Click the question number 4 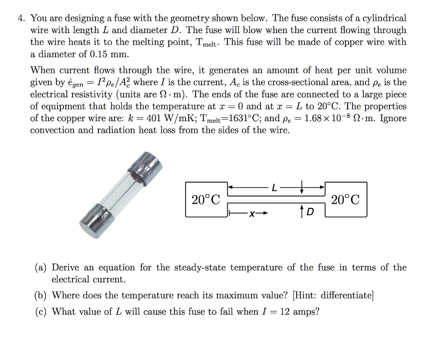[x=20, y=19]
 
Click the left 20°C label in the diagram [x=206, y=200]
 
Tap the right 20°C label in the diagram [x=345, y=200]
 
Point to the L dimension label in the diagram [x=274, y=188]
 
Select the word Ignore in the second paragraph [x=393, y=118]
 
